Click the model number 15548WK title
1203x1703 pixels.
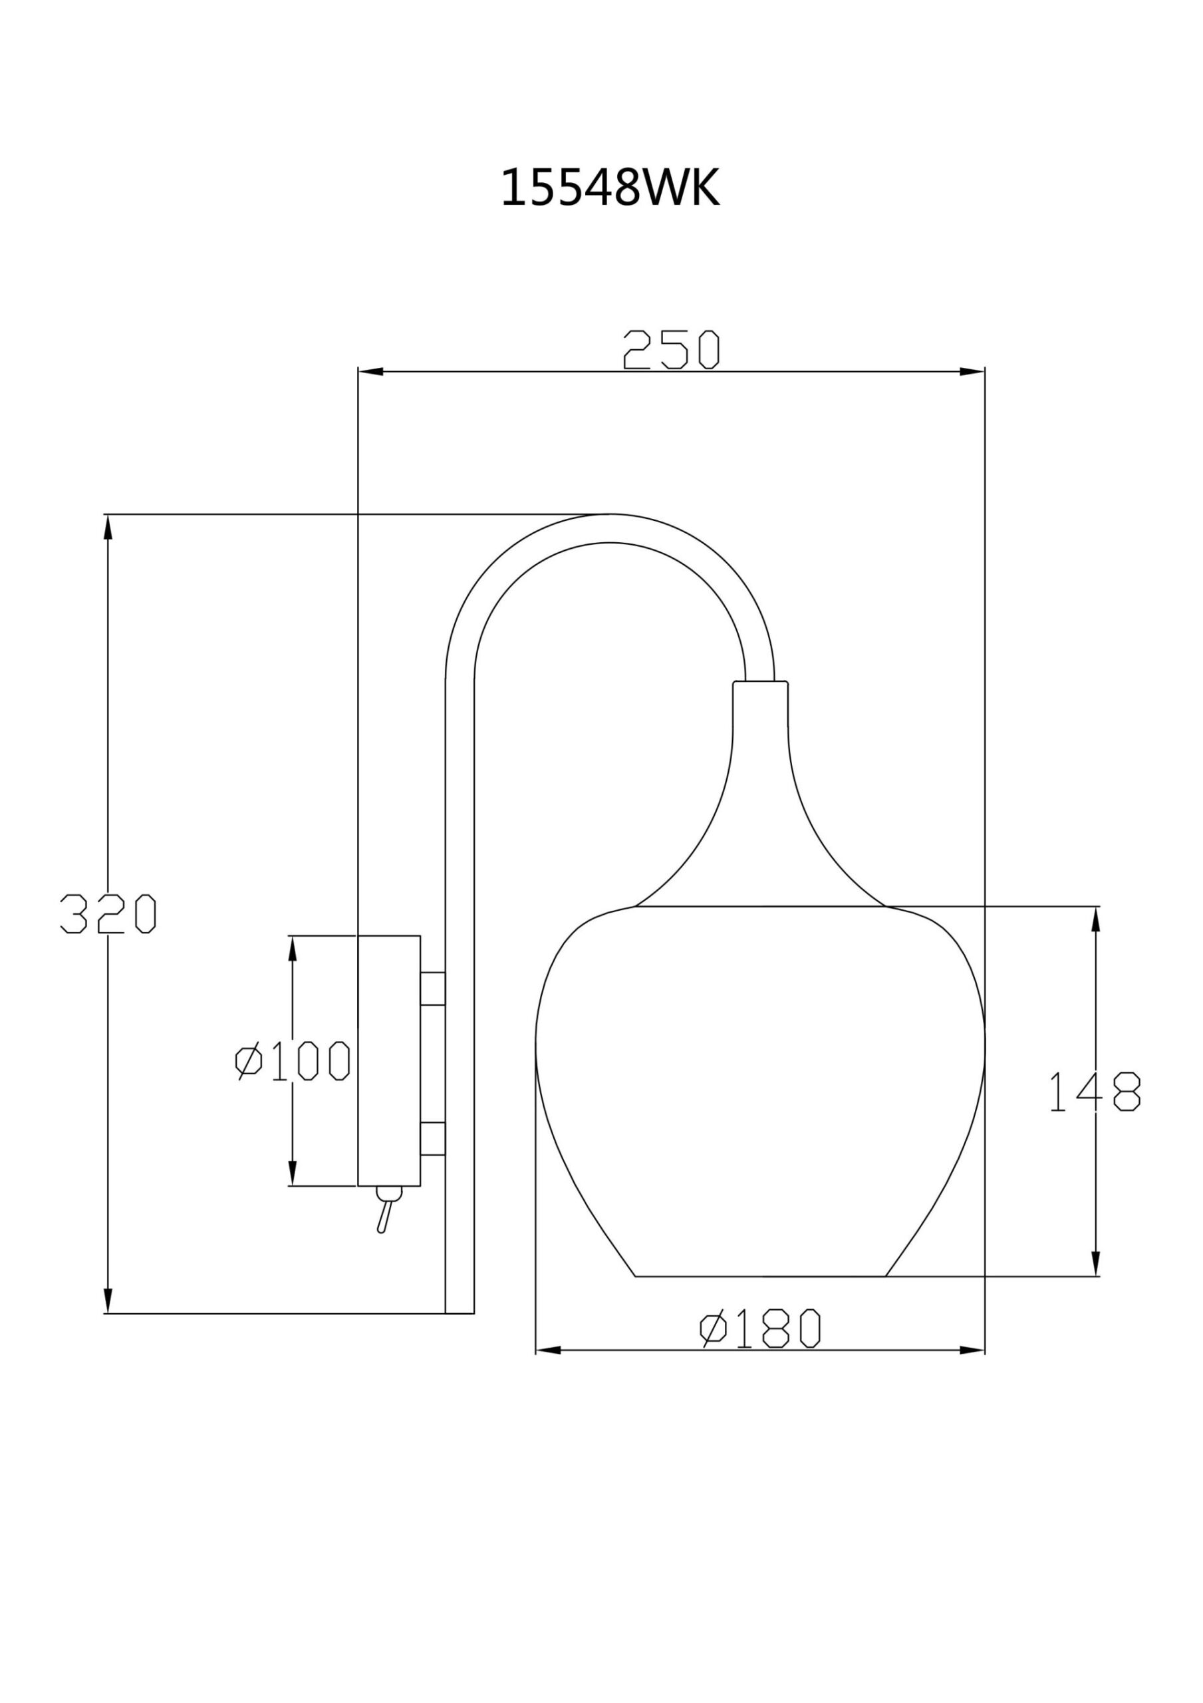(610, 188)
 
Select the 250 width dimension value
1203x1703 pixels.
(671, 349)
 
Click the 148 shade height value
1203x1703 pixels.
(1095, 1091)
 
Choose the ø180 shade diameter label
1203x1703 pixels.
(760, 1328)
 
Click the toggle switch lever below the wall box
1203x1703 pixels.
(384, 1215)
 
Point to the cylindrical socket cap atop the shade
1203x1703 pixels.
(759, 704)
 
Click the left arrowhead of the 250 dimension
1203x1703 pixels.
(369, 372)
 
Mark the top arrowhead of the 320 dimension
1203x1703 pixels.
(108, 527)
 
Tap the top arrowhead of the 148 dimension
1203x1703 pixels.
(1095, 918)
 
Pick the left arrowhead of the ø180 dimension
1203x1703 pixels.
(547, 1350)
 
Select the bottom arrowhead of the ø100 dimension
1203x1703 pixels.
(292, 1173)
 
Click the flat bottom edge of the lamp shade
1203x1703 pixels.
(760, 1277)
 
